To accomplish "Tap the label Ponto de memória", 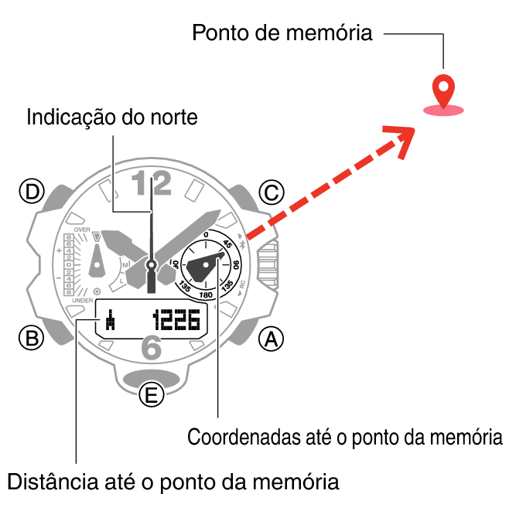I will (x=282, y=33).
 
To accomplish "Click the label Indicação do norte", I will (x=112, y=118).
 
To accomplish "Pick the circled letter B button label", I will (x=32, y=338).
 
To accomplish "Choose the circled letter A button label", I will (x=270, y=338).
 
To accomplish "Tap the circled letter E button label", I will (x=152, y=396).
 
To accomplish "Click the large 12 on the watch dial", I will (x=150, y=184).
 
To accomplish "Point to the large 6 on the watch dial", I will (x=152, y=349).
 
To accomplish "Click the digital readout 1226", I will (x=176, y=319).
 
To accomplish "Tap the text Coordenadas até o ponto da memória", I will (x=345, y=437).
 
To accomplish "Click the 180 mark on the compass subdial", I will (x=206, y=295).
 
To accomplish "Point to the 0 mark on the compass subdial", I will (x=206, y=234).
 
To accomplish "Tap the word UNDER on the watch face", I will (x=83, y=300).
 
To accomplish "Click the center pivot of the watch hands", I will (x=152, y=265).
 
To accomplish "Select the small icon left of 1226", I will (x=111, y=319).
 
